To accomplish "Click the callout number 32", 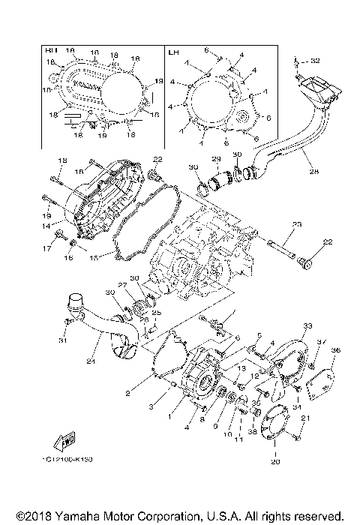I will tap(315, 60).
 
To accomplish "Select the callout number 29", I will tap(215, 160).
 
